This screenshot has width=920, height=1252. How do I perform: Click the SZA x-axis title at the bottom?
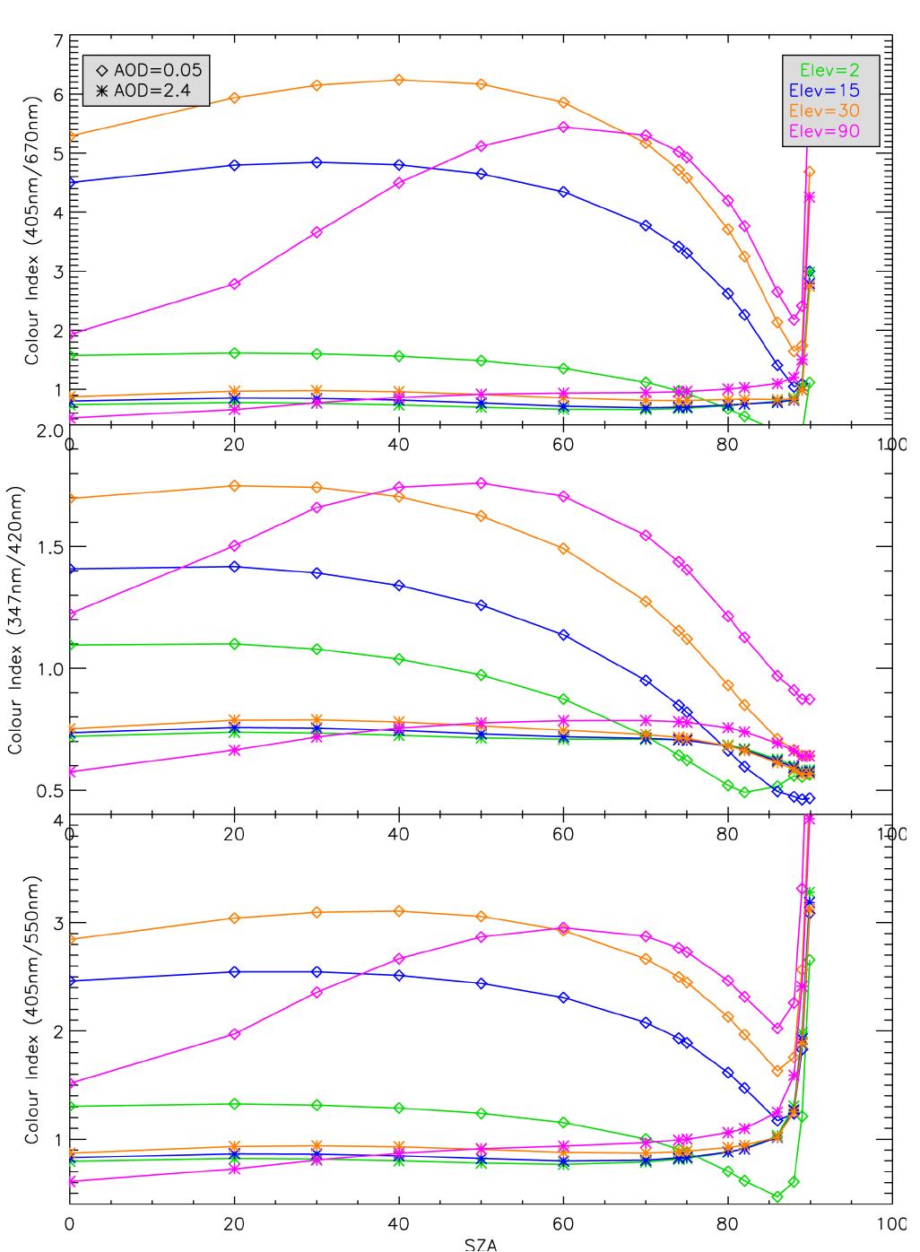[x=481, y=1244]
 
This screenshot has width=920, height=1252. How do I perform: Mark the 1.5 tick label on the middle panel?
[x=47, y=547]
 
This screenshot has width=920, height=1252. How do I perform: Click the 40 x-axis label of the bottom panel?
[x=398, y=1224]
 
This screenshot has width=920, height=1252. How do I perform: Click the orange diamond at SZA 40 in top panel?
[x=399, y=80]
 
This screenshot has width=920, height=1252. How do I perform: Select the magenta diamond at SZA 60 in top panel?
[x=563, y=127]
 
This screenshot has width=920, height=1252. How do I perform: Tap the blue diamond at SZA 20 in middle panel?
[x=235, y=567]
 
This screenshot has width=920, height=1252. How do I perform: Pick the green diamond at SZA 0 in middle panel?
[x=71, y=645]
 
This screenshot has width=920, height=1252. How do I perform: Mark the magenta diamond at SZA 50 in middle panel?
[x=482, y=483]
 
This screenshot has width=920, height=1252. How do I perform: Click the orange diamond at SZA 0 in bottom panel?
[x=71, y=939]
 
